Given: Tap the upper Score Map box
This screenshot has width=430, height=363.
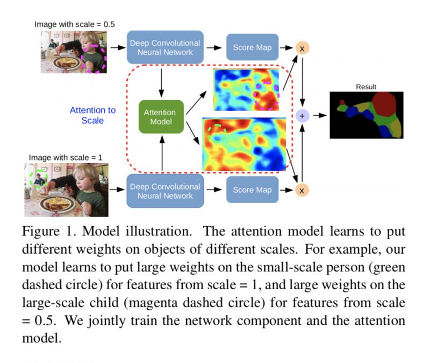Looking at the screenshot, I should (x=252, y=47).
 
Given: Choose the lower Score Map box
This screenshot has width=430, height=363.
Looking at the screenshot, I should (x=252, y=190).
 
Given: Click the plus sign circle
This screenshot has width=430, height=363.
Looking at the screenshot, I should (x=302, y=115).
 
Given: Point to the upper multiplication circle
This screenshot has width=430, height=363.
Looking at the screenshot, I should (x=302, y=48).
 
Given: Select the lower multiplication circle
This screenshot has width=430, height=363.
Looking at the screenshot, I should (x=302, y=190).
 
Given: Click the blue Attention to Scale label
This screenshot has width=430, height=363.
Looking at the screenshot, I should (x=92, y=115).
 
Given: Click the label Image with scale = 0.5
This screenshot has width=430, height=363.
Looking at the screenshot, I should (x=74, y=24).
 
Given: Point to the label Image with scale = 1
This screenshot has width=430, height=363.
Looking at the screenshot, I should (x=66, y=157).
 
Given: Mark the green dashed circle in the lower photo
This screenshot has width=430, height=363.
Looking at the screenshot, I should (x=39, y=178).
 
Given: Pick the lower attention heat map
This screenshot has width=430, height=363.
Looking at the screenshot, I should (x=243, y=143).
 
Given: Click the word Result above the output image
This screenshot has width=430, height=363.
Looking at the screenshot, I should (x=366, y=86).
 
